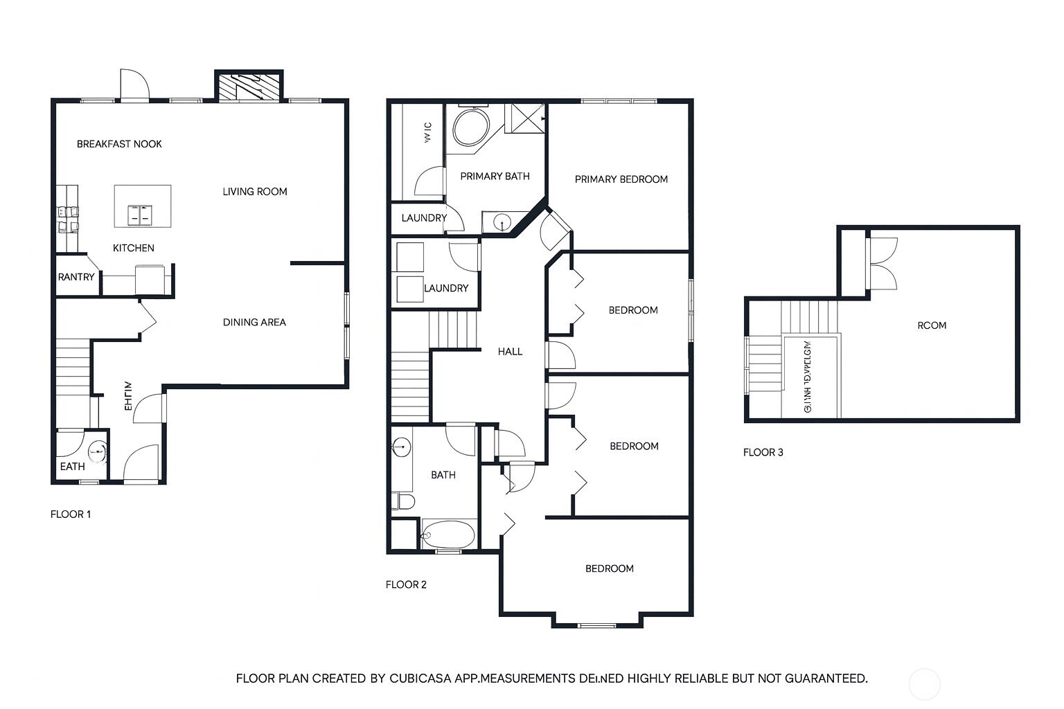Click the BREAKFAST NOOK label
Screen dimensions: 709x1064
[119, 144]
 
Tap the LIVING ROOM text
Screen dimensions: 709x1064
[254, 192]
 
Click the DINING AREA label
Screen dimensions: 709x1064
[254, 322]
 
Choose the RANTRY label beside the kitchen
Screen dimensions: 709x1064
[76, 277]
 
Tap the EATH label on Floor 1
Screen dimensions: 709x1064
[72, 467]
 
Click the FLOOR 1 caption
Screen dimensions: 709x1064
[71, 514]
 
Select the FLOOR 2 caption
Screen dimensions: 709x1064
[406, 584]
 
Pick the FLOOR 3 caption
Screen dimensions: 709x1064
[763, 453]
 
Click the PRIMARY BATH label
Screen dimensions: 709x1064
[495, 177]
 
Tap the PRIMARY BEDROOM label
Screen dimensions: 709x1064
[621, 179]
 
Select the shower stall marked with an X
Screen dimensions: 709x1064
[528, 118]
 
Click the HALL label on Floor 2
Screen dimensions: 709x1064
[510, 352]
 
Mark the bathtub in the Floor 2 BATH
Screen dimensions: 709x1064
[447, 535]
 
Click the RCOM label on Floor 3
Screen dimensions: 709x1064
[931, 325]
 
